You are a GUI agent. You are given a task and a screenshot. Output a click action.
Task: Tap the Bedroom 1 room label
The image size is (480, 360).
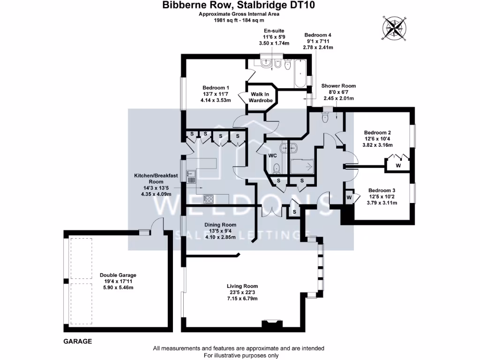click(216, 88)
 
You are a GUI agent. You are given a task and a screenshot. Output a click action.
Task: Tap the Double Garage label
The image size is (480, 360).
click(118, 276)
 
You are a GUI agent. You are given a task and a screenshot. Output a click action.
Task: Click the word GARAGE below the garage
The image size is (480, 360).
click(77, 342)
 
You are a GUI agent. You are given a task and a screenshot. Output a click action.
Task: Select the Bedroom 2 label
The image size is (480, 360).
click(379, 133)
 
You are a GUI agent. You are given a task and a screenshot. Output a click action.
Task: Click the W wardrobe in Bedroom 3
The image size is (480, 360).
click(349, 198)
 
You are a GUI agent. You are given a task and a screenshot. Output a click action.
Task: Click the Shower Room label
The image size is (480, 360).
click(338, 86)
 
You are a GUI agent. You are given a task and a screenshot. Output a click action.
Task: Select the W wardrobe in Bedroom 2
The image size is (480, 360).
click(398, 165)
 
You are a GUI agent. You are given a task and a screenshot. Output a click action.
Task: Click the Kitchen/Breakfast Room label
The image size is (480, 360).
click(156, 179)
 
